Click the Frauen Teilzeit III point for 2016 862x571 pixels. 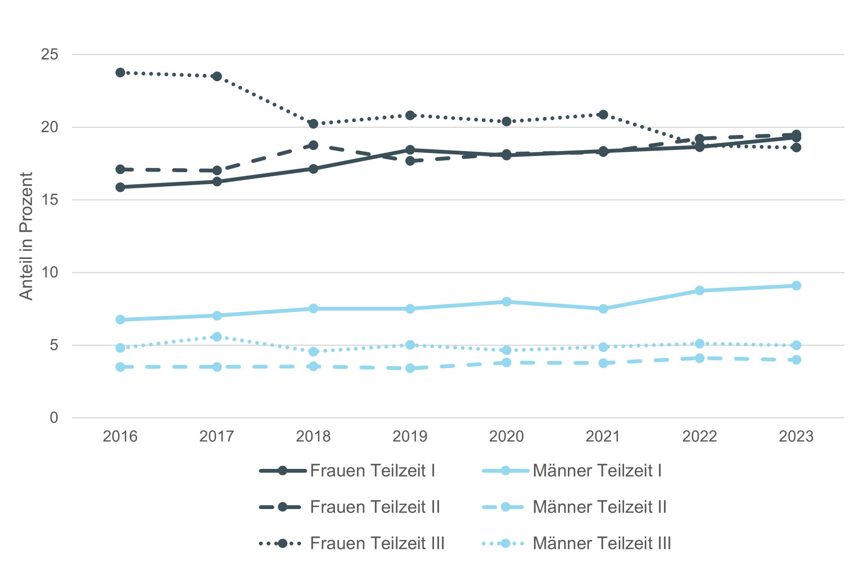point(120,73)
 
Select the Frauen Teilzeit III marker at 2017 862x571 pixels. point(217,76)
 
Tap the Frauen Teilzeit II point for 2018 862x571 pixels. point(313,145)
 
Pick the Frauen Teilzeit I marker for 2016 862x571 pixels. point(120,187)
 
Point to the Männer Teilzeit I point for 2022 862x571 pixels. point(699,291)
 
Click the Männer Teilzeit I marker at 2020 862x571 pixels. point(506,302)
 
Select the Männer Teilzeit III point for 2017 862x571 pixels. point(217,337)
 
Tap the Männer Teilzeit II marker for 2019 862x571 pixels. point(410,368)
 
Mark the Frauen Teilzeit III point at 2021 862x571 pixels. point(603,115)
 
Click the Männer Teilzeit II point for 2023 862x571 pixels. point(796,360)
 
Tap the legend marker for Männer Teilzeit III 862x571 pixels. point(505,543)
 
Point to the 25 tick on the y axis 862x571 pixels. point(50,55)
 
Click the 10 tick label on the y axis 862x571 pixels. point(50,273)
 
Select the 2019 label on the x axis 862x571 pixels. point(410,436)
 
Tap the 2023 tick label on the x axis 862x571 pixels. point(796,436)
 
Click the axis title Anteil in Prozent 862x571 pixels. point(26,236)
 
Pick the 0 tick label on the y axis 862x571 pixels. point(54,418)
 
